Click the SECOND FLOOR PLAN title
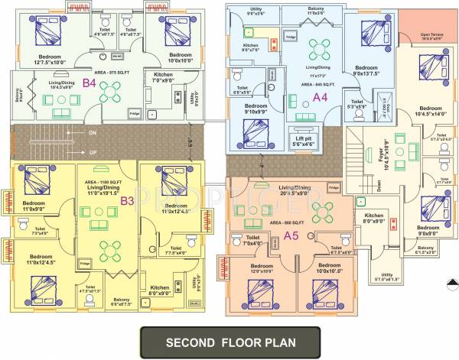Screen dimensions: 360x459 pyautogui.click(x=229, y=339)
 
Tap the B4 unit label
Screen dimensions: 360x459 pyautogui.click(x=89, y=83)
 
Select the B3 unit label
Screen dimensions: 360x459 pyautogui.click(x=128, y=201)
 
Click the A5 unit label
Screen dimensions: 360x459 pyautogui.click(x=291, y=235)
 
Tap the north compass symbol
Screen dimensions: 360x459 pyautogui.click(x=447, y=292)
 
